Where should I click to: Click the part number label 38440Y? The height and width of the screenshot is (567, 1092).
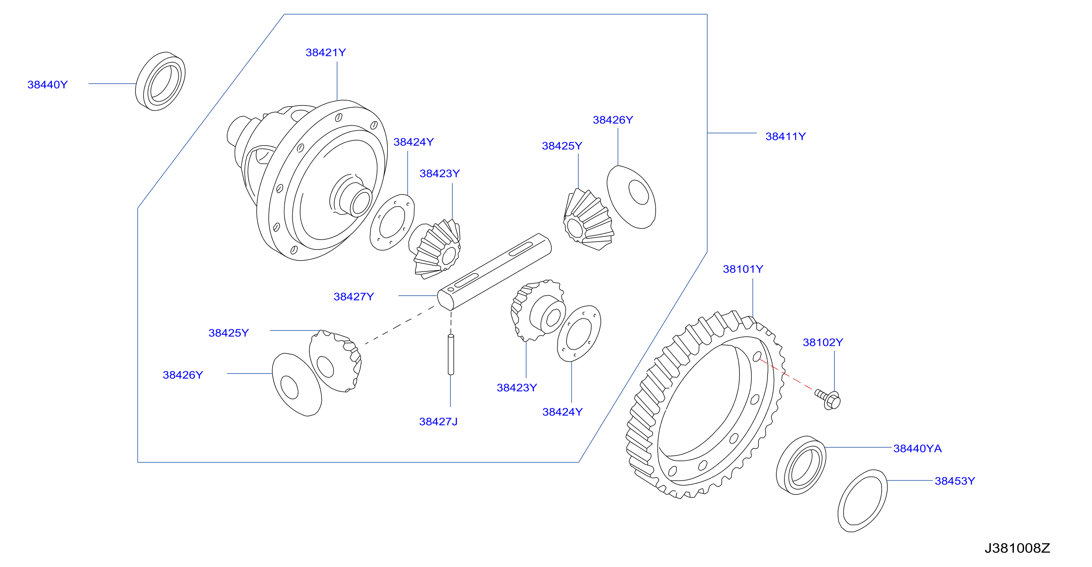(47, 84)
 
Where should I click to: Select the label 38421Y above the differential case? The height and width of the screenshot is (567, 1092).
(326, 52)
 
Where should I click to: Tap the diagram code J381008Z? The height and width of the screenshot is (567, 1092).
(1017, 548)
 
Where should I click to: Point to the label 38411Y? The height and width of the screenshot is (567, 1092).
(786, 136)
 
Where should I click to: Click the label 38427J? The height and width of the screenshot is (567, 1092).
(438, 421)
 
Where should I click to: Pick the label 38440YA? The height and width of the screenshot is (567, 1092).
(917, 448)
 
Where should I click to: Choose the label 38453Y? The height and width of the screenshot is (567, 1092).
(955, 481)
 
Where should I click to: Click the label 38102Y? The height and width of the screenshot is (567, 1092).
(823, 342)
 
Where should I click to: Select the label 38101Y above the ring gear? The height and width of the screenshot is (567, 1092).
(743, 269)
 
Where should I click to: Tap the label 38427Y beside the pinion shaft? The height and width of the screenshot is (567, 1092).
(353, 296)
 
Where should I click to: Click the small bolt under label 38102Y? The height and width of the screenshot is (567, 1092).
(828, 399)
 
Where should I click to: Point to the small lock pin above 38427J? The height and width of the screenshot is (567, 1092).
(451, 355)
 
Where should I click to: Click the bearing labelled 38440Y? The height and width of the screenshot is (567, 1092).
(160, 81)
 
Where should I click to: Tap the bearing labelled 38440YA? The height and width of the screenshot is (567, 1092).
(801, 465)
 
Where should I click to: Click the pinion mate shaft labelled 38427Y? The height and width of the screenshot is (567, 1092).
(494, 272)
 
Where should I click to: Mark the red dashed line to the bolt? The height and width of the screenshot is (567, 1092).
(786, 374)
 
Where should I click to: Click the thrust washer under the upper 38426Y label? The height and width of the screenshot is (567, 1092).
(631, 197)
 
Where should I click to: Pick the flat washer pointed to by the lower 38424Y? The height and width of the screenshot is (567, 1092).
(579, 334)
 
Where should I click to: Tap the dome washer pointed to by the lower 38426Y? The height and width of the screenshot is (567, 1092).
(296, 384)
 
